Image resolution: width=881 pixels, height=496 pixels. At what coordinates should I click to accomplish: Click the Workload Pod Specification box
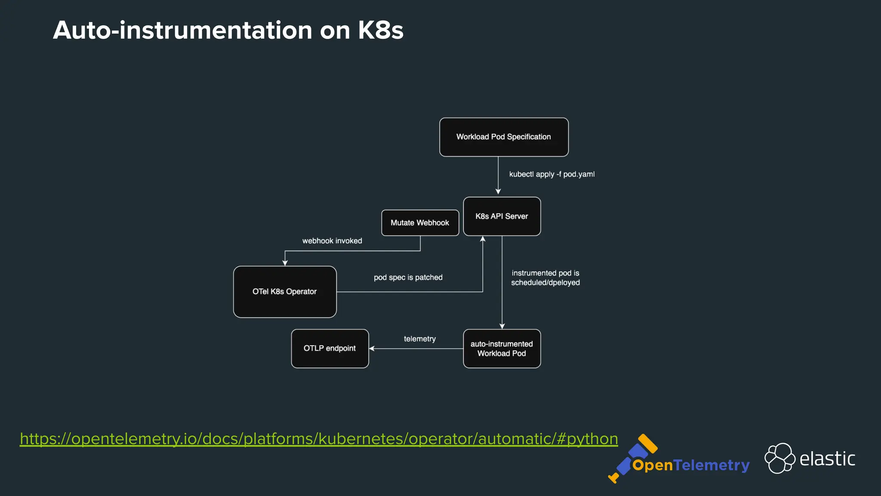[504, 137]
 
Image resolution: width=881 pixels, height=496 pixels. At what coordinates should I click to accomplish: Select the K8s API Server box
[502, 216]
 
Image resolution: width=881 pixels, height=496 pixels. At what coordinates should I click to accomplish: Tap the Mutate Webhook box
[420, 223]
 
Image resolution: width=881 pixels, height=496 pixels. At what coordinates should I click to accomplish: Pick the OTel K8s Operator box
[285, 291]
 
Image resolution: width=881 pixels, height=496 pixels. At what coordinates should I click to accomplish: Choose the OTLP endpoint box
[330, 348]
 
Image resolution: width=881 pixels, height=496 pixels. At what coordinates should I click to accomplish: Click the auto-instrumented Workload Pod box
[502, 348]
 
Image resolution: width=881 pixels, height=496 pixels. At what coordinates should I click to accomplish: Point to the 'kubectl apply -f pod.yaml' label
[551, 174]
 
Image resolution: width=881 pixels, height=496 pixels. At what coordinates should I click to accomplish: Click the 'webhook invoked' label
[332, 241]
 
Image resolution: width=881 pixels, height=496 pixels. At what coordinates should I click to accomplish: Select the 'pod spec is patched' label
[408, 277]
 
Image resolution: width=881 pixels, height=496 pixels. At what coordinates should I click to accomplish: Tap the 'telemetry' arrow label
[419, 339]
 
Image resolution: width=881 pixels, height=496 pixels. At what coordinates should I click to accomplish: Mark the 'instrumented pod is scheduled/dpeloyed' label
[545, 278]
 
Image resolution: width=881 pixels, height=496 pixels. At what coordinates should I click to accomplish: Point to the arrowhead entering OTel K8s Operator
[285, 263]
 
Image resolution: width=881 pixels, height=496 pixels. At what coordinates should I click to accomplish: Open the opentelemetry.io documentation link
[319, 439]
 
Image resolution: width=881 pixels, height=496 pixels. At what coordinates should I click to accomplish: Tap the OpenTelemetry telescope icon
[632, 459]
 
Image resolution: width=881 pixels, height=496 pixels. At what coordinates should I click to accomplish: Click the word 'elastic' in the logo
[827, 459]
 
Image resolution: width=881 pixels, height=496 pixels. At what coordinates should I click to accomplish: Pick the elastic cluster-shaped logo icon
[779, 458]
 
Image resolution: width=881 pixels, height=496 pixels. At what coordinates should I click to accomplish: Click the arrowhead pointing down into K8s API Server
[498, 191]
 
